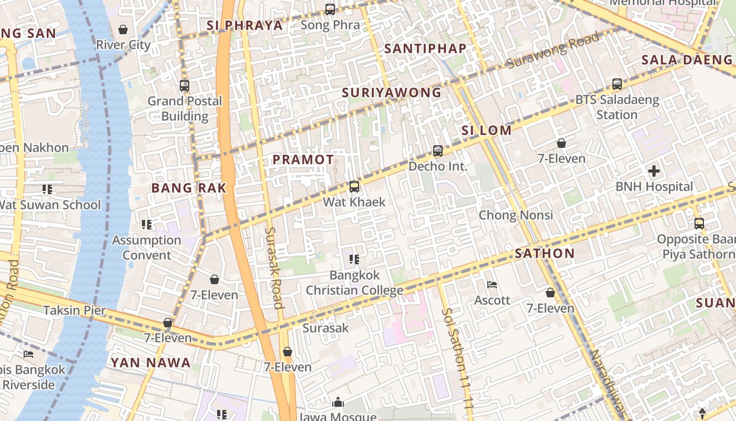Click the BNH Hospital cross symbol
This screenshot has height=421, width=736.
click(654, 171)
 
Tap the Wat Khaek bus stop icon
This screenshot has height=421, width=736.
click(354, 187)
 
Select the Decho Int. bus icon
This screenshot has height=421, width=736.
click(437, 151)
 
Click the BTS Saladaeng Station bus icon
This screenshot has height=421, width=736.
click(617, 84)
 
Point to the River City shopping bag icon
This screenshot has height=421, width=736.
click(123, 29)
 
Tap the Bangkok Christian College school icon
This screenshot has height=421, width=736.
click(354, 259)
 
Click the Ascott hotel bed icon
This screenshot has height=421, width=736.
click(492, 285)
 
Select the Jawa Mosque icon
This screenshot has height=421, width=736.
click(338, 403)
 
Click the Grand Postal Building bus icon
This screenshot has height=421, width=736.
click(184, 86)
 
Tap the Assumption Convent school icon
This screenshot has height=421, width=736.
click(147, 225)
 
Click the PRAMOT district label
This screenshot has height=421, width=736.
click(303, 159)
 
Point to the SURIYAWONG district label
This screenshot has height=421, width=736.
click(392, 93)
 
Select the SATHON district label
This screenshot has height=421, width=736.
click(545, 253)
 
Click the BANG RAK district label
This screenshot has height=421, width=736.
click(189, 188)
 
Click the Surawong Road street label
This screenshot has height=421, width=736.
click(553, 50)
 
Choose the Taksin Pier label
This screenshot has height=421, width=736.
click(75, 310)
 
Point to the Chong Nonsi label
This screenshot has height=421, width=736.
click(516, 215)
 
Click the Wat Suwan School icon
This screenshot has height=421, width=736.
click(47, 189)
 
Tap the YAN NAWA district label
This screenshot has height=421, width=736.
click(150, 363)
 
